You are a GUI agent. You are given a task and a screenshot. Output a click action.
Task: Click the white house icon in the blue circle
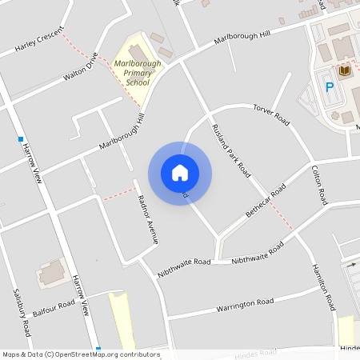[x=180, y=173]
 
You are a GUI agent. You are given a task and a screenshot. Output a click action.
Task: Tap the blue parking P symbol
[x=329, y=87]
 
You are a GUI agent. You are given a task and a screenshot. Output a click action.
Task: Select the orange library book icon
[x=345, y=72]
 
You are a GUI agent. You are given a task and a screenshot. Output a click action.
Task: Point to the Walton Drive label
[x=81, y=69]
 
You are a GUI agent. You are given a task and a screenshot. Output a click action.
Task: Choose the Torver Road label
[x=270, y=115]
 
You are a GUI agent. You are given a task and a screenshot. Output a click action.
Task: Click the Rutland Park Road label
[x=231, y=150]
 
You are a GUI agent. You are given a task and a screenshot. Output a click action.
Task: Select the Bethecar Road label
[x=266, y=203]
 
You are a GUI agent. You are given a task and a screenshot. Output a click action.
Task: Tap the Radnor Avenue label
[x=149, y=219]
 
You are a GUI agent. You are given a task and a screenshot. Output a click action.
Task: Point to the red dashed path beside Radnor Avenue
[x=118, y=193]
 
